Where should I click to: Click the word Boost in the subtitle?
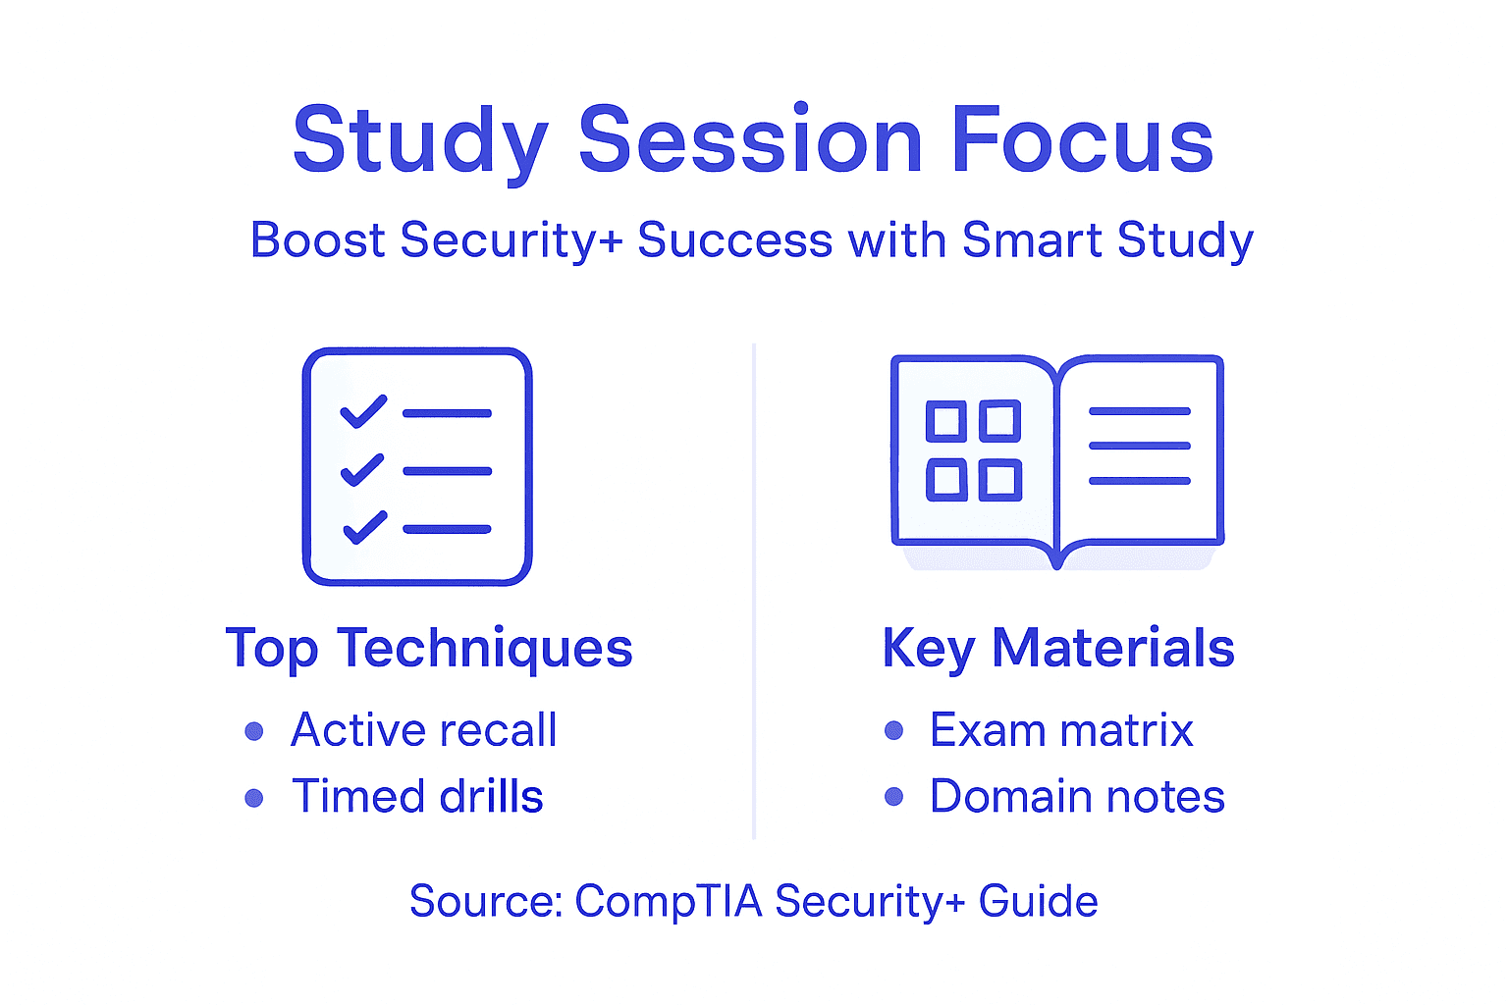pyautogui.click(x=317, y=240)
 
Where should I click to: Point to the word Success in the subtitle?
pyautogui.click(x=734, y=240)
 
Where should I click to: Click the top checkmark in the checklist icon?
pyautogui.click(x=363, y=412)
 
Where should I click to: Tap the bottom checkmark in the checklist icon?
pyautogui.click(x=364, y=528)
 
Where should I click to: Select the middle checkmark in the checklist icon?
pyautogui.click(x=362, y=470)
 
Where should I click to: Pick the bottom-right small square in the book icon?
pyautogui.click(x=1000, y=480)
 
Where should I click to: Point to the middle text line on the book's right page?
pyautogui.click(x=1139, y=446)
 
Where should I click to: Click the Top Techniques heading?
pyautogui.click(x=429, y=649)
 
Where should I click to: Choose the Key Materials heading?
pyautogui.click(x=1058, y=649)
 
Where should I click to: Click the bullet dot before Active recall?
pyautogui.click(x=254, y=731)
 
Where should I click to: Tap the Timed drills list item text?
pyautogui.click(x=417, y=796)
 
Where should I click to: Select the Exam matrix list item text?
pyautogui.click(x=1061, y=730)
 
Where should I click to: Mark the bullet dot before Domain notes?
pyautogui.click(x=893, y=796)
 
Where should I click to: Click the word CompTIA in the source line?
pyautogui.click(x=668, y=901)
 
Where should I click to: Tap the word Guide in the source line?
pyautogui.click(x=1038, y=901)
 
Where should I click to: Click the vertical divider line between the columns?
pyautogui.click(x=753, y=589)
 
